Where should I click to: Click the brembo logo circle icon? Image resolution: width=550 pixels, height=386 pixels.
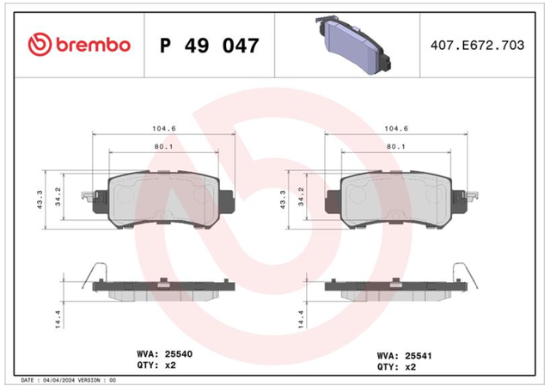[x=40, y=45]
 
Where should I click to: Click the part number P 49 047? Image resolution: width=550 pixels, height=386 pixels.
[x=210, y=46]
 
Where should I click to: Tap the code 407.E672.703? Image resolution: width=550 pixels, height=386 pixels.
[x=477, y=45]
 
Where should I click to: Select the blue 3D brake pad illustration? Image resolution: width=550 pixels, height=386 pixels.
[x=353, y=45]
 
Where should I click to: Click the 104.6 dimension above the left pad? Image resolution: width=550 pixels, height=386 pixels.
[x=164, y=128]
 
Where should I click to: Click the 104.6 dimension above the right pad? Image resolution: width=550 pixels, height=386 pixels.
[x=396, y=128]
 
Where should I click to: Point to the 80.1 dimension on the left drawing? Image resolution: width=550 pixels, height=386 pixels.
[x=164, y=146]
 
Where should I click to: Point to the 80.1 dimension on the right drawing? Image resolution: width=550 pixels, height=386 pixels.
[x=396, y=146]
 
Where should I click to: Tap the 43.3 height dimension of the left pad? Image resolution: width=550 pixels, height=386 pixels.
[x=40, y=199]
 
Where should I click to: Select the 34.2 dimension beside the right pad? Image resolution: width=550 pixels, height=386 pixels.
[x=301, y=197]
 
